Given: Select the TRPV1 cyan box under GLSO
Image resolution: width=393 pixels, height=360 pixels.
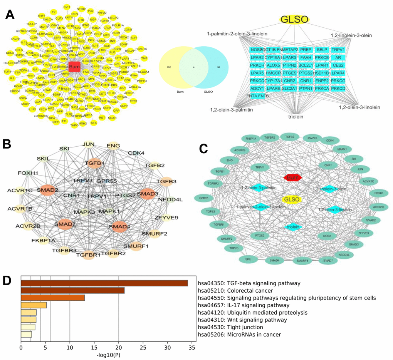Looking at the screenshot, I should (x=338, y=50).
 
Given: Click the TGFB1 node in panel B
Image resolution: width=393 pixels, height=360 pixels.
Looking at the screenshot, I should (x=95, y=163).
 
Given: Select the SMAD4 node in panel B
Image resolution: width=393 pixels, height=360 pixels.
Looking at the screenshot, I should (x=119, y=226).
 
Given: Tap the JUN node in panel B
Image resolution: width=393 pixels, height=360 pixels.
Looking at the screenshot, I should (x=89, y=145).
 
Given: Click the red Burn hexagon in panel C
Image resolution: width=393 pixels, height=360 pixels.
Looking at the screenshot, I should (x=293, y=177).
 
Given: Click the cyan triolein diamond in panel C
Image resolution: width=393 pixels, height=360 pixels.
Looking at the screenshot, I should (x=293, y=227).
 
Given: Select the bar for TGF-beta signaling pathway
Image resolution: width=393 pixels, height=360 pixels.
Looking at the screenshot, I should (x=104, y=283).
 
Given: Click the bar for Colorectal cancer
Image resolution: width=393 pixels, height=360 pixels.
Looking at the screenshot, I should (x=72, y=291).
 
